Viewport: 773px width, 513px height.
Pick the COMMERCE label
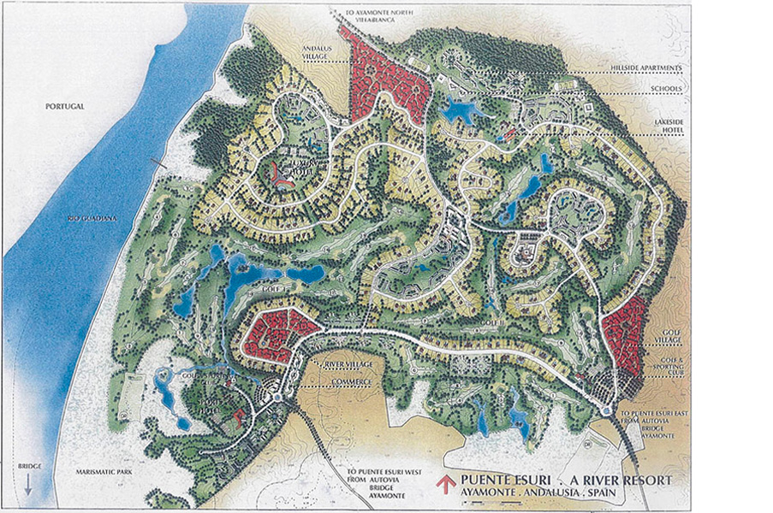coord(351,380)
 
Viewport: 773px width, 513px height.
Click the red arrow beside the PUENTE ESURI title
coord(445,483)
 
